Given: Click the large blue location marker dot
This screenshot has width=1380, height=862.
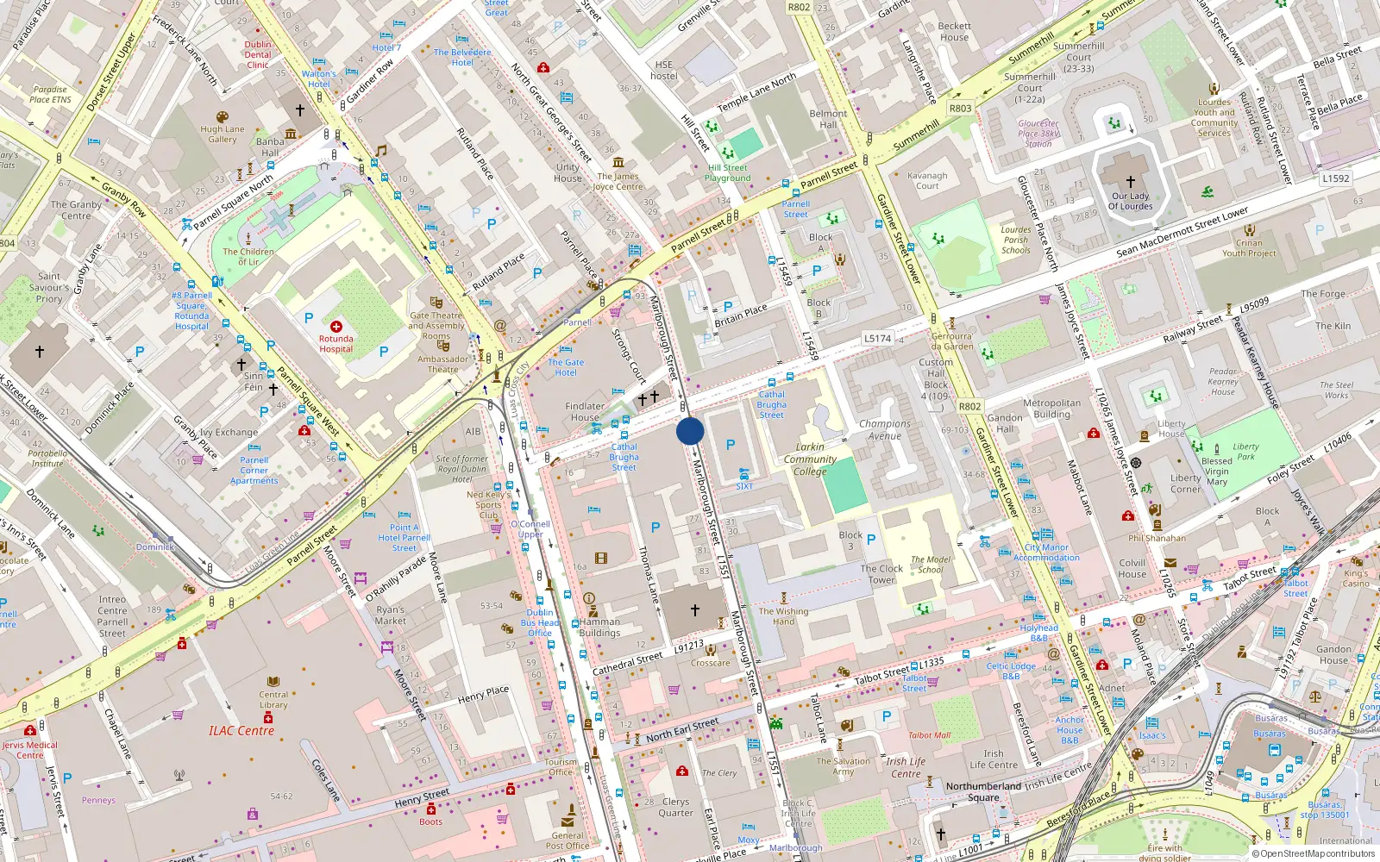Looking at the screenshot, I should coord(690,431).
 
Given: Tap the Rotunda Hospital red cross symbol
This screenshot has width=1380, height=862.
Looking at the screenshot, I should coord(336,327).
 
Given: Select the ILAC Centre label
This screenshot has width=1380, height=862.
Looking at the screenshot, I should coord(241,731).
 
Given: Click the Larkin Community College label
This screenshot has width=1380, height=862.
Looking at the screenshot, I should coord(810,459).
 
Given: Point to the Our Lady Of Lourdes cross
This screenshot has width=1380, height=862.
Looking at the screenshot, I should coord(1130,182).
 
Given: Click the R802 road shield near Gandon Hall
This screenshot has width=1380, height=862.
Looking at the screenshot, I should coord(969,406).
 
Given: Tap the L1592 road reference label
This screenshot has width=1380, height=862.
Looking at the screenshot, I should coord(1335,178).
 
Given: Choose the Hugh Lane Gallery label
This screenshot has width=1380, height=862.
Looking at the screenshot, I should coord(223,134).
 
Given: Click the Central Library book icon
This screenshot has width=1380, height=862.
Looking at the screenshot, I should coord(273,682).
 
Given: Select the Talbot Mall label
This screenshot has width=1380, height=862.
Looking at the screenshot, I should coord(929,735).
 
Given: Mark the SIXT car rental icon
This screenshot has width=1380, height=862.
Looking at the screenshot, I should coord(743,475).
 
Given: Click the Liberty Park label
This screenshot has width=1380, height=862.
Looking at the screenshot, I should coord(1245,452).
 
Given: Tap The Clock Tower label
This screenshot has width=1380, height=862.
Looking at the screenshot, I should coord(881,574).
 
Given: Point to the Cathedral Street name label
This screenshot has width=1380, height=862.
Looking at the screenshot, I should coord(627,663).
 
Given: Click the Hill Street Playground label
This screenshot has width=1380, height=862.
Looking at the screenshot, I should coord(728,173).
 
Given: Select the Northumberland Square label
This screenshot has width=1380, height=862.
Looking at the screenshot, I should coord(983,791).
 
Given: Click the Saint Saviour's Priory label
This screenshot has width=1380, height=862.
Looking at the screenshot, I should coord(49,288).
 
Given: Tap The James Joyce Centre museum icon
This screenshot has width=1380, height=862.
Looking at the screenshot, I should coord(618,162).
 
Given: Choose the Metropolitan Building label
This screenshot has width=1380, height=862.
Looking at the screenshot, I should coord(1051,409).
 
